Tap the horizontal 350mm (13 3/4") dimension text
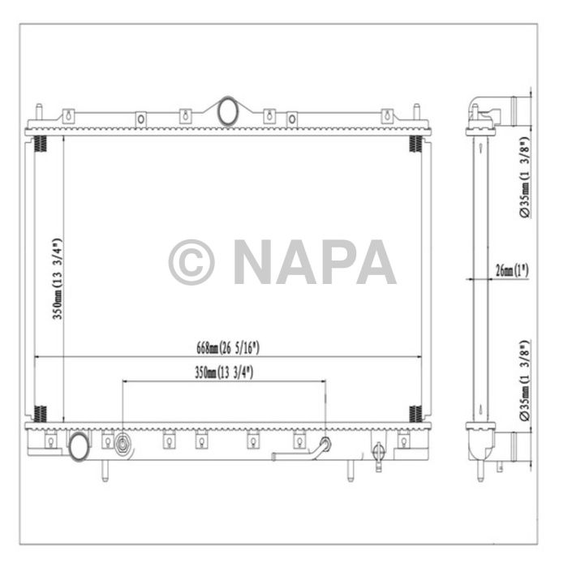(225, 372)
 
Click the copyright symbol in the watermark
(191, 262)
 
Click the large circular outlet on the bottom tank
(79, 445)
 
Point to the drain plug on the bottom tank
(377, 454)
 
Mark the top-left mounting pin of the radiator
(38, 114)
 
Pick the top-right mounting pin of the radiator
(416, 114)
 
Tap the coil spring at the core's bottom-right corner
(415, 413)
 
